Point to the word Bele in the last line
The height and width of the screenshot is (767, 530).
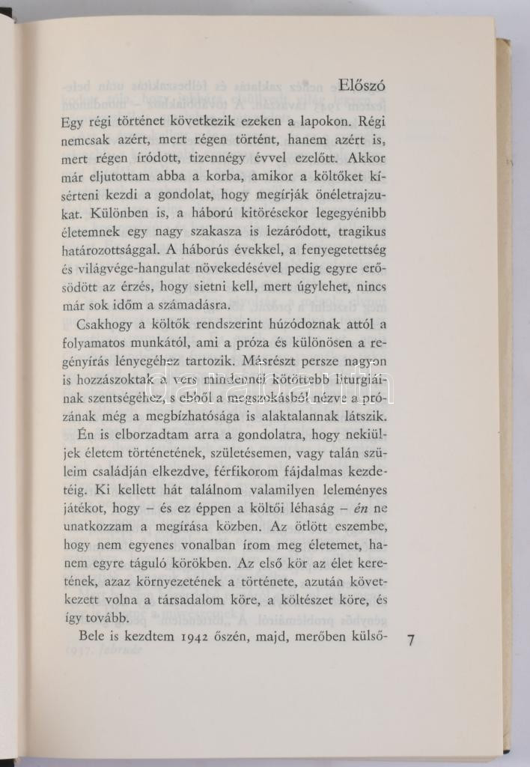click(x=93, y=637)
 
